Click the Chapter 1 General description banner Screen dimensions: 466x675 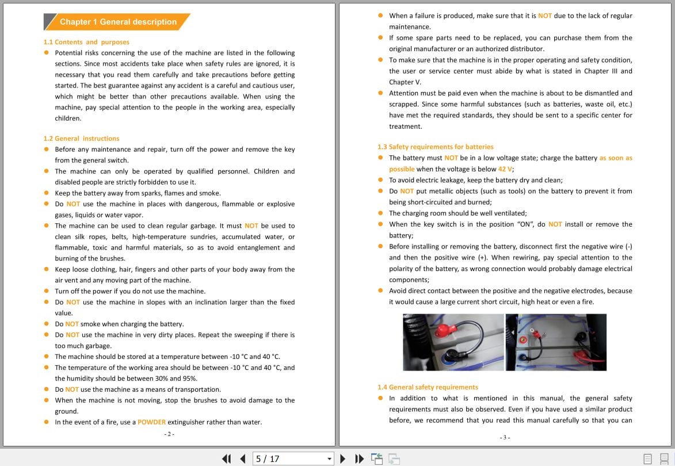(x=117, y=22)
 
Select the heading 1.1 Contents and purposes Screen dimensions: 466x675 (x=86, y=42)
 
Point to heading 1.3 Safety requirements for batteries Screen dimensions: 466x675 (x=435, y=147)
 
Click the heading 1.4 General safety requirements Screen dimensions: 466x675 (x=428, y=387)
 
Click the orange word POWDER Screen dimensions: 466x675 (x=151, y=422)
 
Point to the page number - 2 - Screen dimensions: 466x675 (x=169, y=434)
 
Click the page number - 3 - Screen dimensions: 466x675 (x=505, y=438)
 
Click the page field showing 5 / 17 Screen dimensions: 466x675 (x=288, y=459)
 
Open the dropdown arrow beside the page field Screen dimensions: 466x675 (x=330, y=459)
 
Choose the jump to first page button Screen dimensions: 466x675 (x=226, y=459)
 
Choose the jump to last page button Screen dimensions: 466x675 (x=360, y=459)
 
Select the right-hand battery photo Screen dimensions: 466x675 (x=556, y=342)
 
